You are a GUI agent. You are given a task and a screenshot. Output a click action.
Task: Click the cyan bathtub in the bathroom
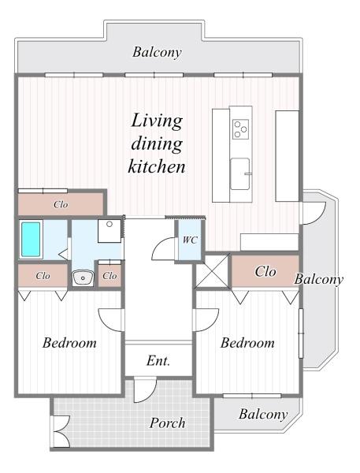(31, 239)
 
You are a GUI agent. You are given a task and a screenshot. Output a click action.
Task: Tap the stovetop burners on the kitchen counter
(240, 129)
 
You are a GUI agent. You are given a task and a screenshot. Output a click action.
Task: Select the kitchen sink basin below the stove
(240, 173)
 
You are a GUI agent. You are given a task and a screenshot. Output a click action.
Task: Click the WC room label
(190, 240)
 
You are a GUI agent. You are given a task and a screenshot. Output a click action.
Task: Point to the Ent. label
(158, 360)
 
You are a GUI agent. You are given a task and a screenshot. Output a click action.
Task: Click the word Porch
(167, 423)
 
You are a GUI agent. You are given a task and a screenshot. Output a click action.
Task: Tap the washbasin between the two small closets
(81, 277)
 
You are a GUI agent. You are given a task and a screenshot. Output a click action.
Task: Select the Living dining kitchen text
(157, 143)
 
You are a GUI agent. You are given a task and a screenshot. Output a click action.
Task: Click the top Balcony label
(157, 52)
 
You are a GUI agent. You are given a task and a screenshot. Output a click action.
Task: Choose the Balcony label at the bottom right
(263, 414)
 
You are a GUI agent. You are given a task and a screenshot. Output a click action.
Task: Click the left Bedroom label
(69, 343)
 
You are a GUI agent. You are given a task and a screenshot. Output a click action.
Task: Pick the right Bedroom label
(247, 343)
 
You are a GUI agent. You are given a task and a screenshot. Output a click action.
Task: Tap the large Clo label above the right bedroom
(265, 271)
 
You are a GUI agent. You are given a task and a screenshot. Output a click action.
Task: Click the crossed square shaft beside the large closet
(213, 271)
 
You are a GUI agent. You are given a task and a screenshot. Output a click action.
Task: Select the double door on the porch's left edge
(61, 431)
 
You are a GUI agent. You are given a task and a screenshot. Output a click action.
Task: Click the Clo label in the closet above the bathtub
(61, 204)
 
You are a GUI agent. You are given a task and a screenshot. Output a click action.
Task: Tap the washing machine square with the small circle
(109, 231)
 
